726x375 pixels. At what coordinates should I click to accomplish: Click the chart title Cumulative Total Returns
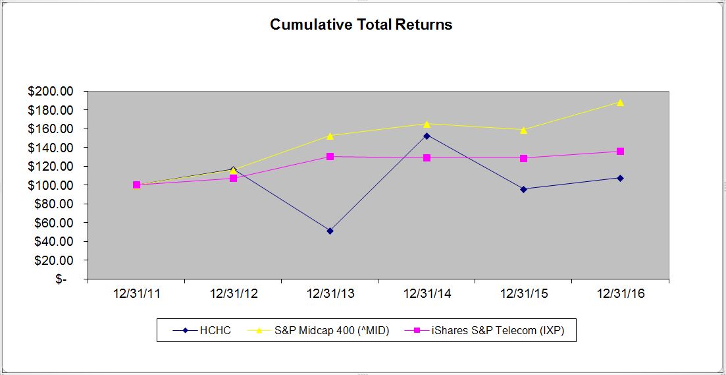361,25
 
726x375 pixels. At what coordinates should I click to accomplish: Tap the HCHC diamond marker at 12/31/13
330,231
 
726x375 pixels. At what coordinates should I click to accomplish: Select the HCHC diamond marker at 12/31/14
427,136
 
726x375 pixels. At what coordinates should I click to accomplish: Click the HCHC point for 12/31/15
523,189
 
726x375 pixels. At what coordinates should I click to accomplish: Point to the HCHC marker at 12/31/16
620,178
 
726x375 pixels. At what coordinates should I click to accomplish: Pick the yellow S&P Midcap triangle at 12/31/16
620,102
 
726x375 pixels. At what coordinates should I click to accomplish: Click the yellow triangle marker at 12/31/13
330,135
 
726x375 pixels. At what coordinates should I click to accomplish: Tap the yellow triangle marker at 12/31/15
523,130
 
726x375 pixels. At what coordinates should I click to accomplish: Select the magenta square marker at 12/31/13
330,156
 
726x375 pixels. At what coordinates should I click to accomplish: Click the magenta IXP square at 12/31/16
620,152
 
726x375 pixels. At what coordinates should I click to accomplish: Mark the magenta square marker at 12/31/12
233,178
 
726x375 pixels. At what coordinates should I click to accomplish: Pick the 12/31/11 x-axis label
136,294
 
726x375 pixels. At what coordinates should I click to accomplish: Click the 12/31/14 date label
427,294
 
